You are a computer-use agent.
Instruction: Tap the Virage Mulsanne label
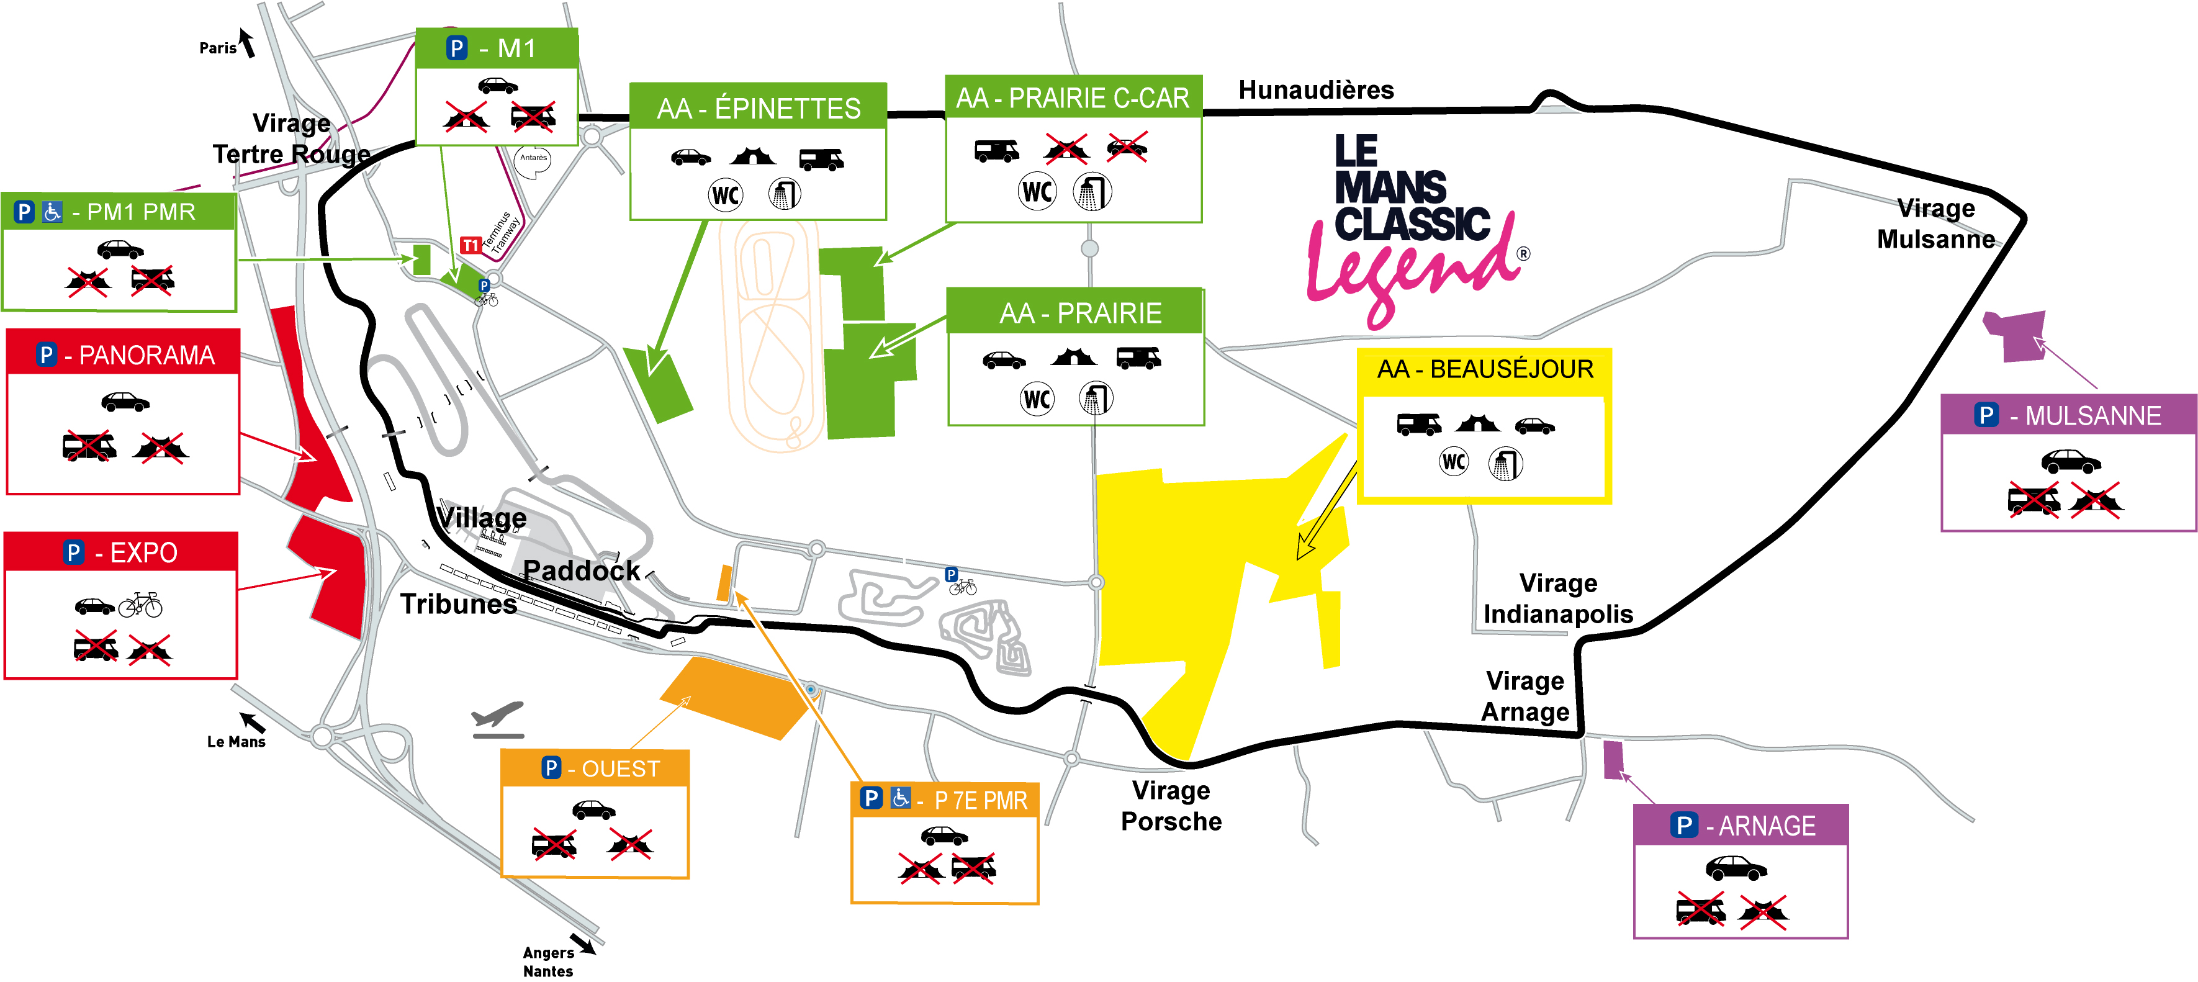[x=1935, y=223]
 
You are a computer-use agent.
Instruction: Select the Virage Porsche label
[x=1171, y=805]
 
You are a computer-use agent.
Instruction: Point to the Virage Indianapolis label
[x=1557, y=598]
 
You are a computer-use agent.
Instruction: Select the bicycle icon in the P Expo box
[x=141, y=605]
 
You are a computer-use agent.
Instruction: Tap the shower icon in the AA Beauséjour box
[x=1505, y=464]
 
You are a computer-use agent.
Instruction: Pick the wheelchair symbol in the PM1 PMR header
[x=53, y=212]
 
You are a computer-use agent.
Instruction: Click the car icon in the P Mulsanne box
[x=2070, y=462]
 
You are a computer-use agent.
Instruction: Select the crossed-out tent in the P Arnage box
[x=1763, y=912]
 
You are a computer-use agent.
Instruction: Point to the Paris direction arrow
[x=248, y=43]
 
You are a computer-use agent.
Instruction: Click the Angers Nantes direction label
[x=548, y=962]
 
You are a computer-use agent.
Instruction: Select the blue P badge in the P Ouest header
[x=551, y=768]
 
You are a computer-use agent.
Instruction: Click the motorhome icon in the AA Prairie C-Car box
[x=996, y=150]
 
